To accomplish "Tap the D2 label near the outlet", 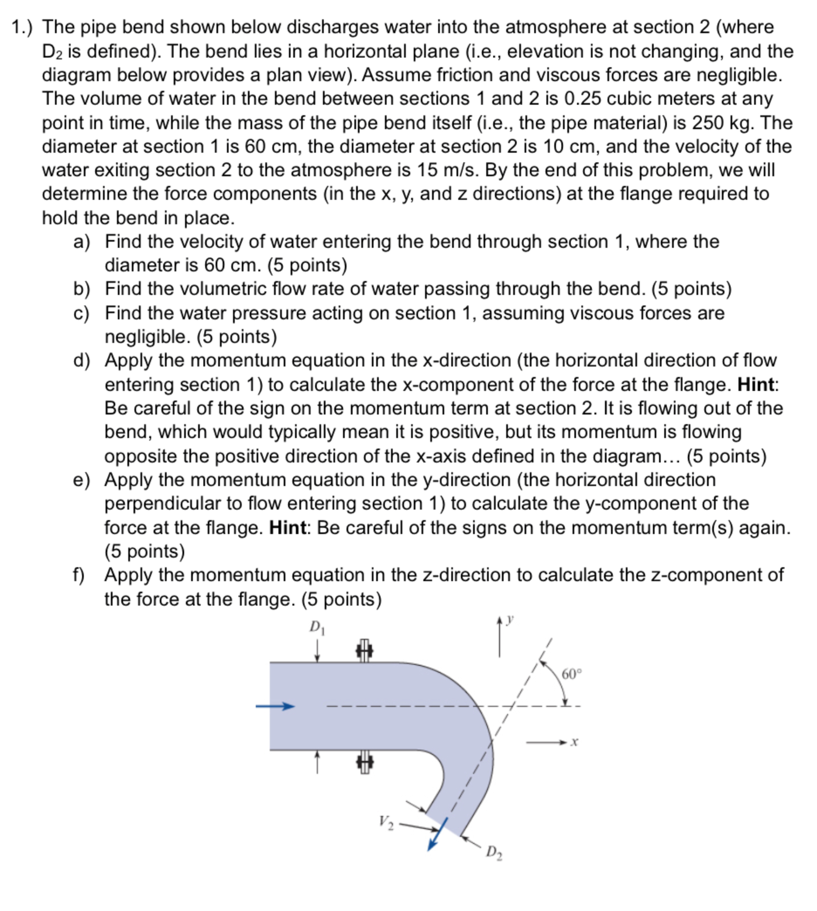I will click(x=494, y=853).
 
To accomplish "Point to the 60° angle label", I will click(x=571, y=675).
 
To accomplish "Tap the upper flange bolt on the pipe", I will click(x=364, y=650).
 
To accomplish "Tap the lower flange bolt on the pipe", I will click(x=364, y=762).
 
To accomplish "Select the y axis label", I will click(x=509, y=620).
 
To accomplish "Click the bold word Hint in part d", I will click(x=755, y=384).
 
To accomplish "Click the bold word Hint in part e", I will click(x=287, y=528).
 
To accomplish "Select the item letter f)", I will click(x=79, y=575).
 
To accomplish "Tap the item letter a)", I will click(x=82, y=242).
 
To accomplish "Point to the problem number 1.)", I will click(x=21, y=28).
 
